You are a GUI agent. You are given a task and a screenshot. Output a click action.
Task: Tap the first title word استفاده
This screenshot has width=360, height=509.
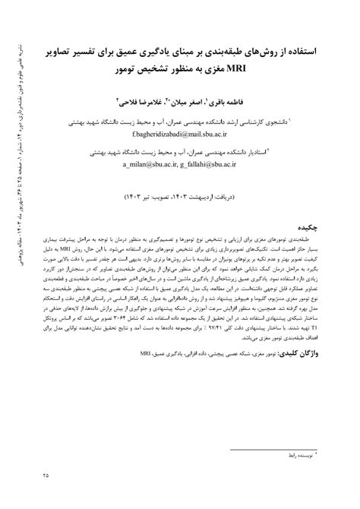pyautogui.click(x=308, y=55)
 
